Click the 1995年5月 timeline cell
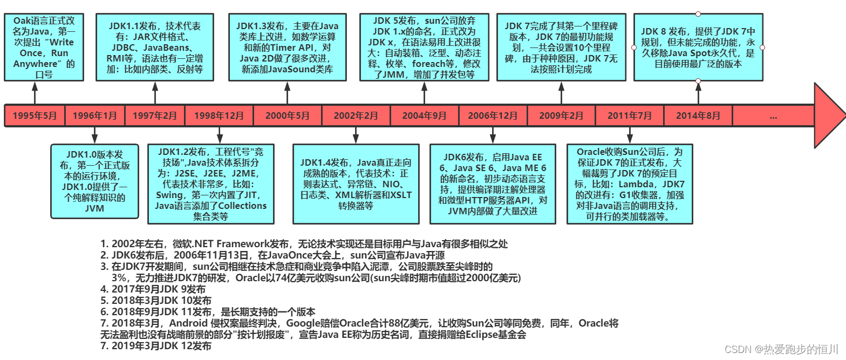35,116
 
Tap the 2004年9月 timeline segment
424,116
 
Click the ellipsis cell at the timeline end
773,116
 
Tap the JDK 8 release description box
698,47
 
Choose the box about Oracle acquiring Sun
630,184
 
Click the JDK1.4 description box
356,184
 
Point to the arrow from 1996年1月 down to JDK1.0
94,135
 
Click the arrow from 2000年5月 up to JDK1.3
287,93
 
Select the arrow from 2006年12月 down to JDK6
493,135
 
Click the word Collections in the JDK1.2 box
241,206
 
